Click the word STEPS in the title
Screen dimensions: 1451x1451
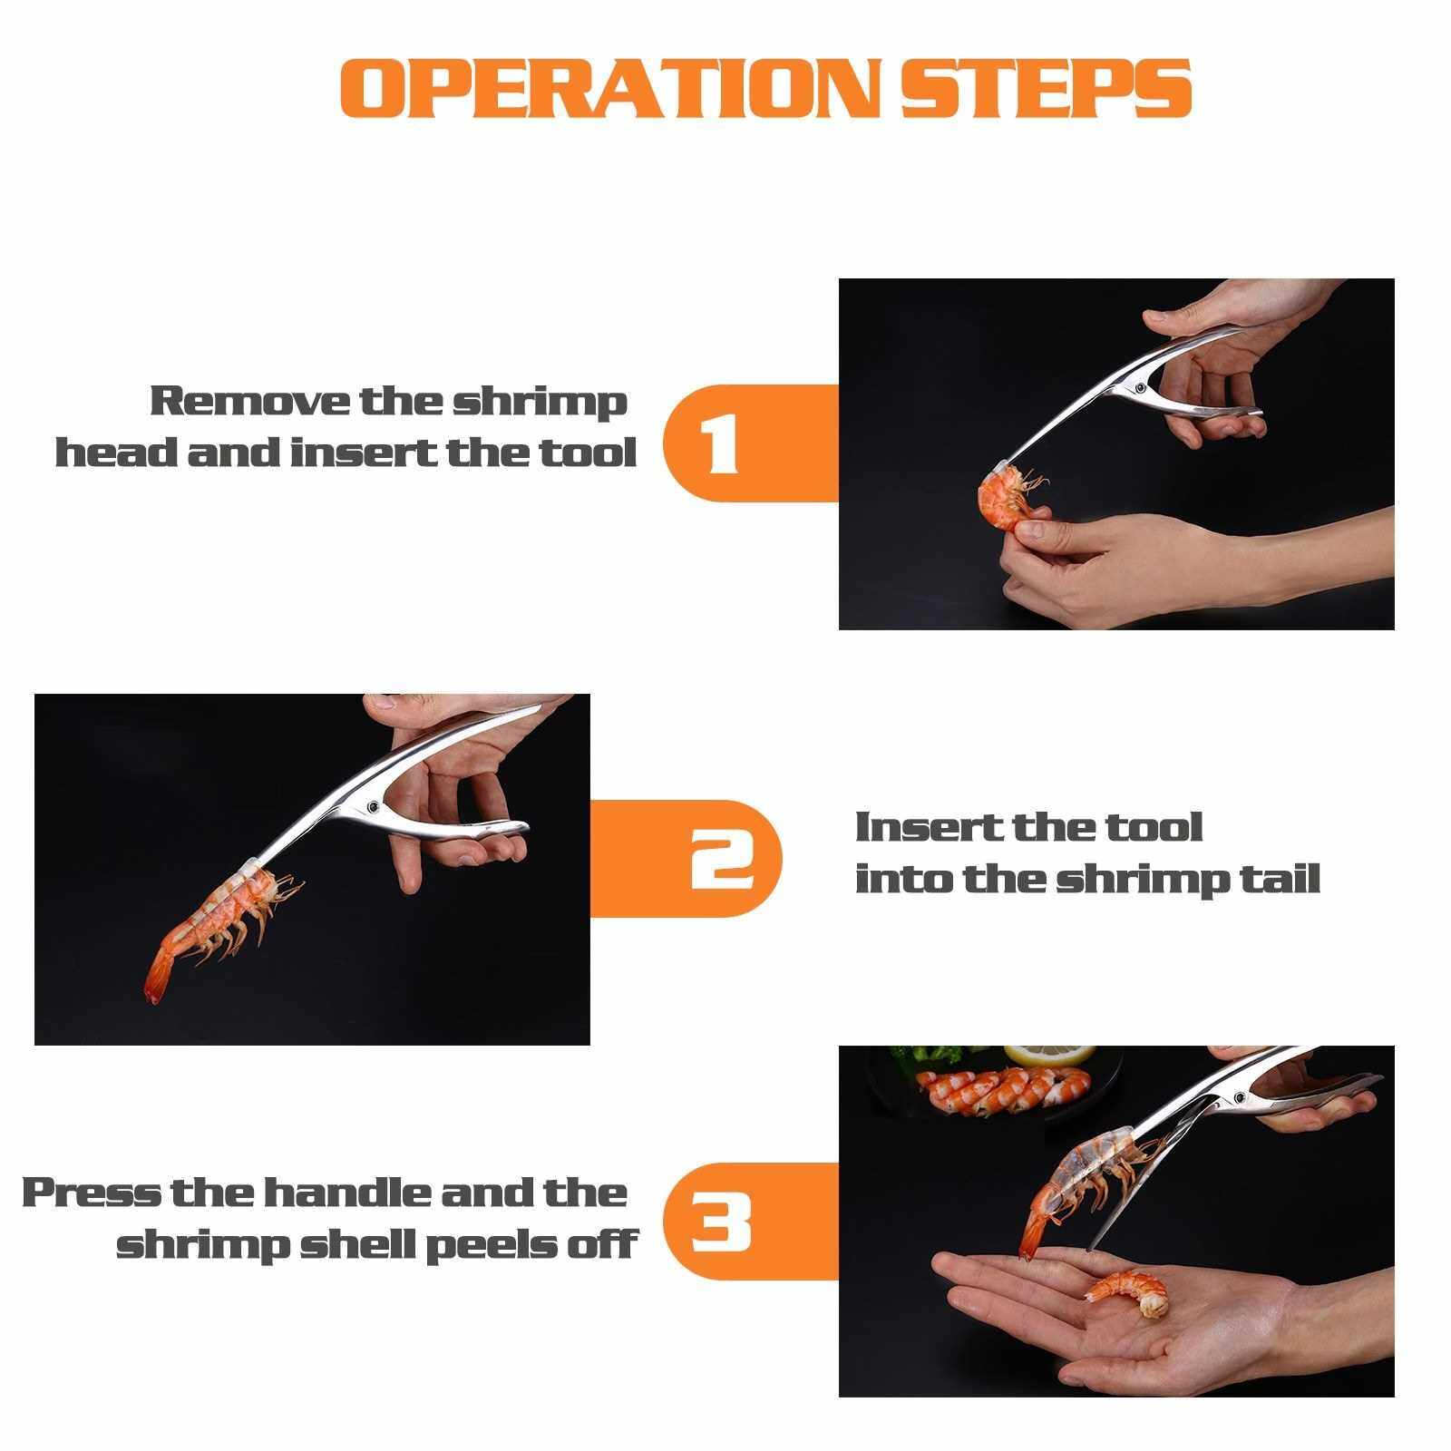(x=1046, y=88)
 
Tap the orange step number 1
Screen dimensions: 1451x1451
(x=720, y=443)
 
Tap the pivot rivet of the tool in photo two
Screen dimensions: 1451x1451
(x=373, y=804)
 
